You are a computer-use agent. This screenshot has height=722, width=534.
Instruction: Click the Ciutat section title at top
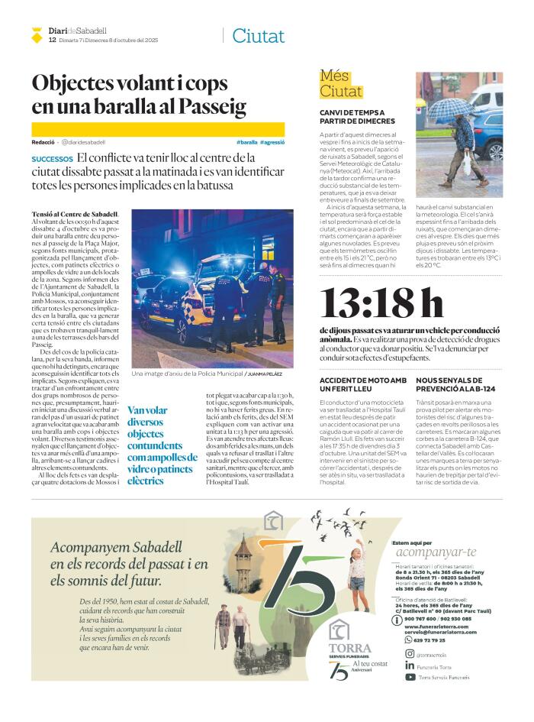(x=258, y=36)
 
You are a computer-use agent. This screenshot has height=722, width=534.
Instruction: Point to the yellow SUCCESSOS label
(x=52, y=159)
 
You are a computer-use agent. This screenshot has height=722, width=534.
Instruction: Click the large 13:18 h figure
(x=381, y=303)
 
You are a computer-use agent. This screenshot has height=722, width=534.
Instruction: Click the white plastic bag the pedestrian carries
(x=466, y=162)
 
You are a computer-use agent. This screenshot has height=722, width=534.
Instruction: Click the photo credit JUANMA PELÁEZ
(x=264, y=374)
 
